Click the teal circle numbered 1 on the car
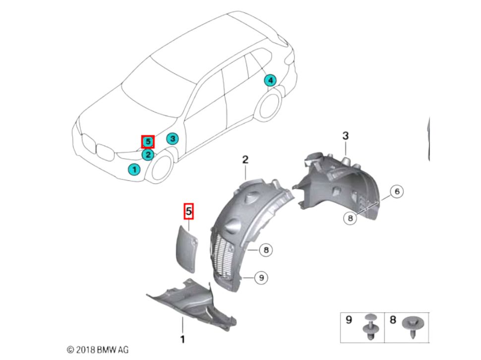(x=134, y=169)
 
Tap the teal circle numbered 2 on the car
(x=148, y=155)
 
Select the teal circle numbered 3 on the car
(x=173, y=139)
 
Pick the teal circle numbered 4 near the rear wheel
(x=270, y=81)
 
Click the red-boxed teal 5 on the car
(x=148, y=142)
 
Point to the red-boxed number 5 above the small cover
(x=188, y=211)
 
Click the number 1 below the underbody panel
(x=183, y=340)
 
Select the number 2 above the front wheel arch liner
(x=245, y=160)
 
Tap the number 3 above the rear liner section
(x=346, y=135)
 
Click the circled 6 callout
(x=397, y=191)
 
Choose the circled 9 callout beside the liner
(x=261, y=278)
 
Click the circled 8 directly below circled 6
(x=350, y=218)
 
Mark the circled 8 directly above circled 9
(x=266, y=250)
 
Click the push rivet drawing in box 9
(x=370, y=327)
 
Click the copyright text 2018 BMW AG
(x=98, y=350)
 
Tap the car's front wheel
(x=161, y=168)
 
